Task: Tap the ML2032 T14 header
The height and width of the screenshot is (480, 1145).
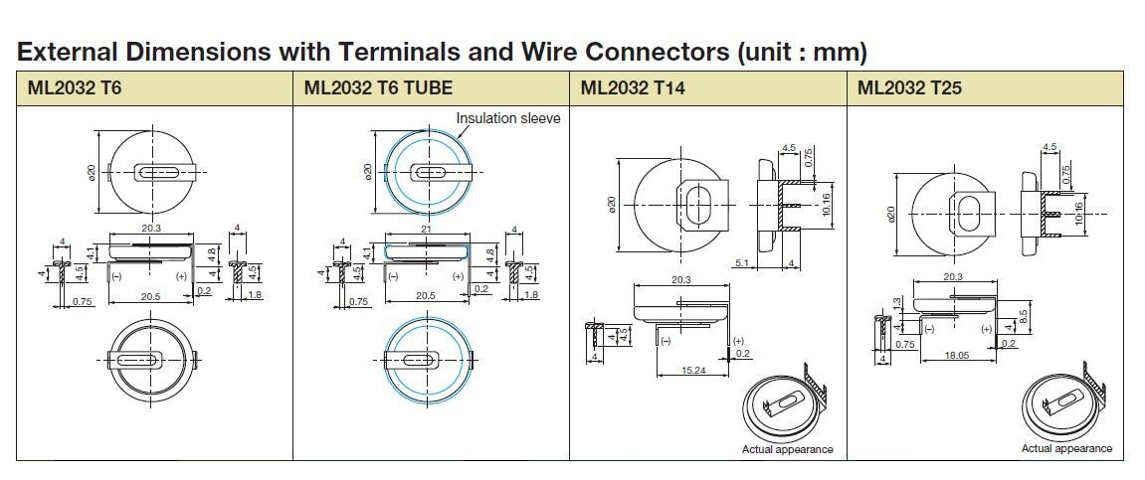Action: point(633,87)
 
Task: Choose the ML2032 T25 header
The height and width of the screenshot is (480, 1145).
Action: point(909,87)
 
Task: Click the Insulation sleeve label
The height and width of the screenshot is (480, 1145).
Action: point(507,118)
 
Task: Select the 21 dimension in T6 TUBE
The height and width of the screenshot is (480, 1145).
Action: point(427,230)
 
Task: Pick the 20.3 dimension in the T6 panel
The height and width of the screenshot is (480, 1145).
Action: point(151,230)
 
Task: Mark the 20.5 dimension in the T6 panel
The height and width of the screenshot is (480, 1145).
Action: point(151,296)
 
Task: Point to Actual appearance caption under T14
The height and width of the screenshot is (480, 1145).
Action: point(787,449)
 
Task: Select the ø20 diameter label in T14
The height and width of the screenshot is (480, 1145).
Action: point(613,204)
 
